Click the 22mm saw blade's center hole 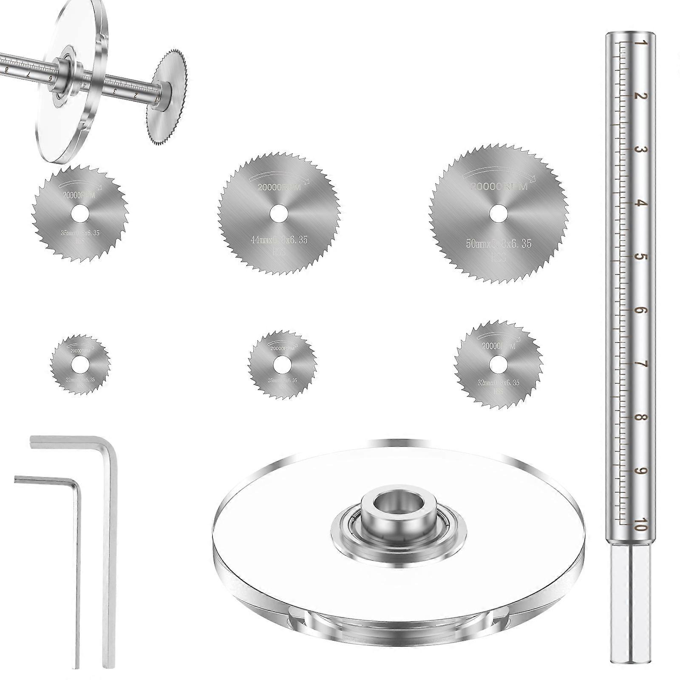tap(79, 364)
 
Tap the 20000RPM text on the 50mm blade tap(498, 187)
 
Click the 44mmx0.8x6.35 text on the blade tap(279, 240)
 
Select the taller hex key tap(110, 552)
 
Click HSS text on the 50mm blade tap(498, 257)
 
